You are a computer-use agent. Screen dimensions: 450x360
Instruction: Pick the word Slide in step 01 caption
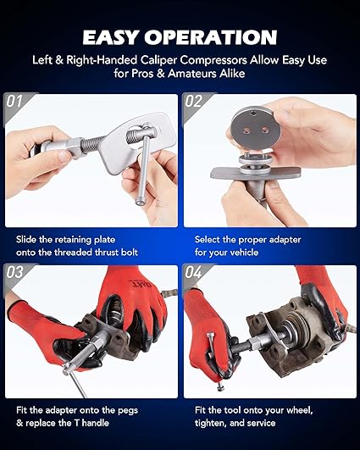pos(28,239)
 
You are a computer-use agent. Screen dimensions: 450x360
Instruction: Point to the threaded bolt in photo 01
pos(81,147)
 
